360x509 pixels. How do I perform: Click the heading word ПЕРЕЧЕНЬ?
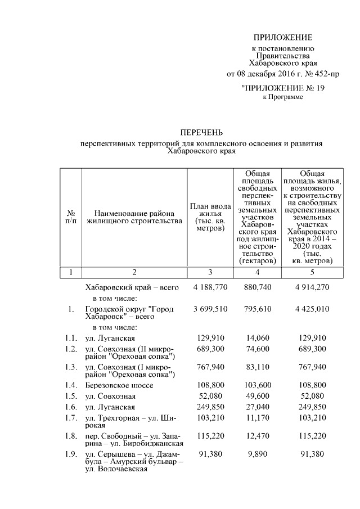point(201,133)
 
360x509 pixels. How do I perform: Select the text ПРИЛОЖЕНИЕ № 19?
point(282,88)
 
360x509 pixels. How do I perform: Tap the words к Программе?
point(283,97)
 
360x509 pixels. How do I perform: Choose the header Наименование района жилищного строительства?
point(134,217)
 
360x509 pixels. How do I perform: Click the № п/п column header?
point(71,217)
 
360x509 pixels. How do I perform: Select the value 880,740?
point(256,287)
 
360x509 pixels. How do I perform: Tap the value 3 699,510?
point(209,309)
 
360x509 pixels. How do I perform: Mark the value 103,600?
point(256,386)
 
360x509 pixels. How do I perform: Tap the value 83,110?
point(256,367)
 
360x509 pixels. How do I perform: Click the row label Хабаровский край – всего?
point(132,287)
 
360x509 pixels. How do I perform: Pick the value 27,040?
point(256,406)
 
